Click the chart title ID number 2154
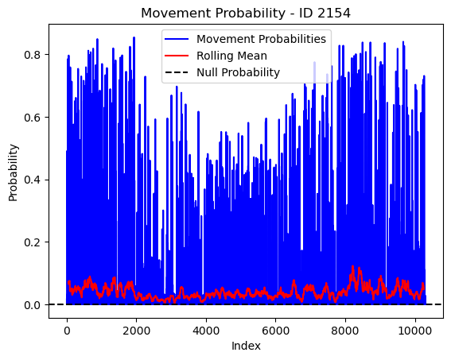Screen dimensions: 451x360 (333, 13)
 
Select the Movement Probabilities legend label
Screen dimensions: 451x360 (261, 39)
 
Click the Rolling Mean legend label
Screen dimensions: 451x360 (231, 56)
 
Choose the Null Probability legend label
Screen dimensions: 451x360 (238, 72)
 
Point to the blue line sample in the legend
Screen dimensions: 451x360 (177, 39)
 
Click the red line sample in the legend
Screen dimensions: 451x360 (177, 56)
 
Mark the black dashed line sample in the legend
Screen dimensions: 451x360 (177, 72)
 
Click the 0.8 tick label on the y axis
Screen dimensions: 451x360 (32, 55)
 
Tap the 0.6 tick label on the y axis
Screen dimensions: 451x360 (32, 118)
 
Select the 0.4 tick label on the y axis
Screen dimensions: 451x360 (32, 180)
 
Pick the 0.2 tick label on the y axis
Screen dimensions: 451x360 (32, 242)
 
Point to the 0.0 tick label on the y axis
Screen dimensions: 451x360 (32, 305)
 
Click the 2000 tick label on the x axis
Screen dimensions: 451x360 (136, 331)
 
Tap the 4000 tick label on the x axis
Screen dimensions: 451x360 (206, 331)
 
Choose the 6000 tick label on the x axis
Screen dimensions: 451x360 (275, 331)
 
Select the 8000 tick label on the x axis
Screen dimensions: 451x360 (345, 331)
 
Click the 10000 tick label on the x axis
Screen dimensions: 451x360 (414, 331)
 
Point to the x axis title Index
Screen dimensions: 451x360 (246, 346)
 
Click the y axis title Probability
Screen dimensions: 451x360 (14, 172)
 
